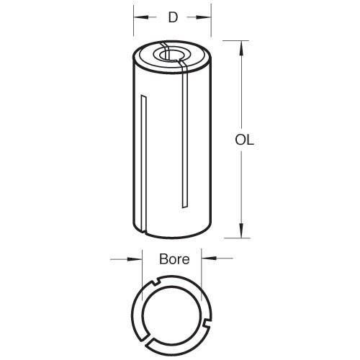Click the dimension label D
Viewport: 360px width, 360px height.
coord(173,17)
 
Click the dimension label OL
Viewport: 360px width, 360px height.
coord(244,140)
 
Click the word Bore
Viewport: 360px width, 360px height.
coord(174,259)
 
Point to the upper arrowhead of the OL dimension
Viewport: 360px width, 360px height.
coord(241,49)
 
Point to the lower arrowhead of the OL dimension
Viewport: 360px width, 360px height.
coord(241,230)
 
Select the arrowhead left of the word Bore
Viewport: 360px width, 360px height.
coord(135,258)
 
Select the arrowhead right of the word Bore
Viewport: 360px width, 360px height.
coord(209,258)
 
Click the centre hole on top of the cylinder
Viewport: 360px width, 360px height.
coord(171,55)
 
